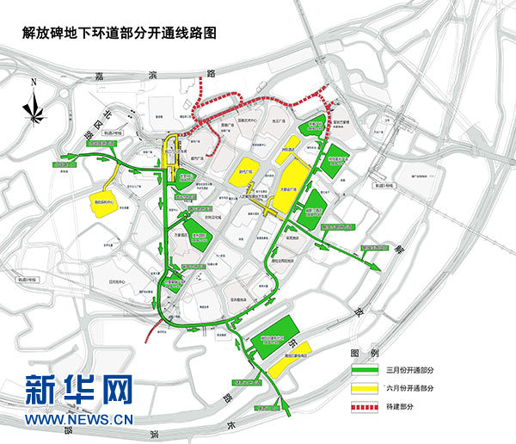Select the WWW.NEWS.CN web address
(79, 420)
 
